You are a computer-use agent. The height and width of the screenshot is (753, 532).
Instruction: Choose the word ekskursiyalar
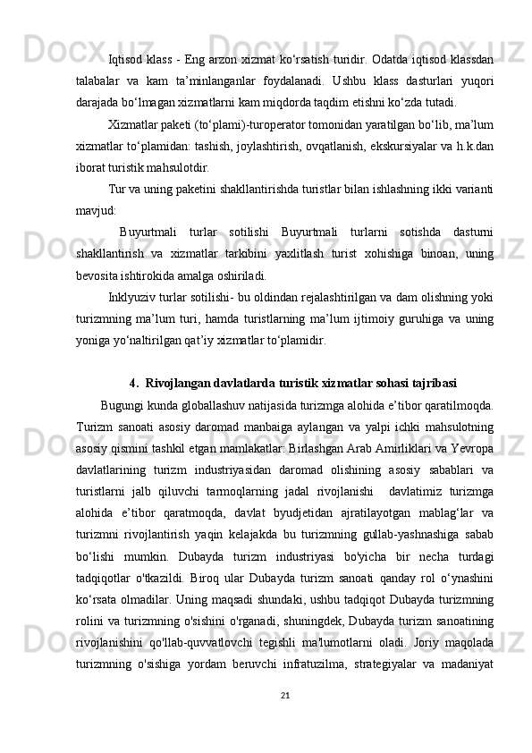410,146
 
